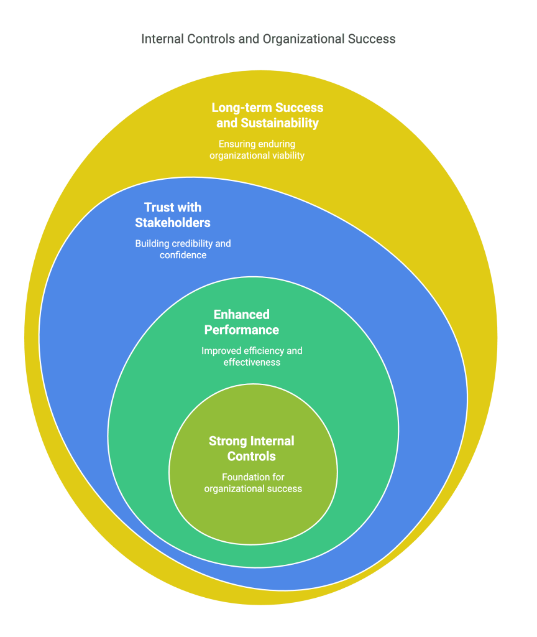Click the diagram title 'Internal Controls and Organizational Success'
268,39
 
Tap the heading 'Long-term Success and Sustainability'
267,115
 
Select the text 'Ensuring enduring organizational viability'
257,150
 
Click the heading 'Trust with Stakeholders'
173,215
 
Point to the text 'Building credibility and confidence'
183,249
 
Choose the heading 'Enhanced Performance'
242,322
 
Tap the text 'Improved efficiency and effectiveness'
252,356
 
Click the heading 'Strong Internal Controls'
252,449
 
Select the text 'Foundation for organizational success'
253,483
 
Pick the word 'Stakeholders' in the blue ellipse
173,223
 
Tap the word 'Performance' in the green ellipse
242,330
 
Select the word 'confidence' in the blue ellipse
183,255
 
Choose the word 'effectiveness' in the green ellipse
252,362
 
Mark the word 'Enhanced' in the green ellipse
242,314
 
